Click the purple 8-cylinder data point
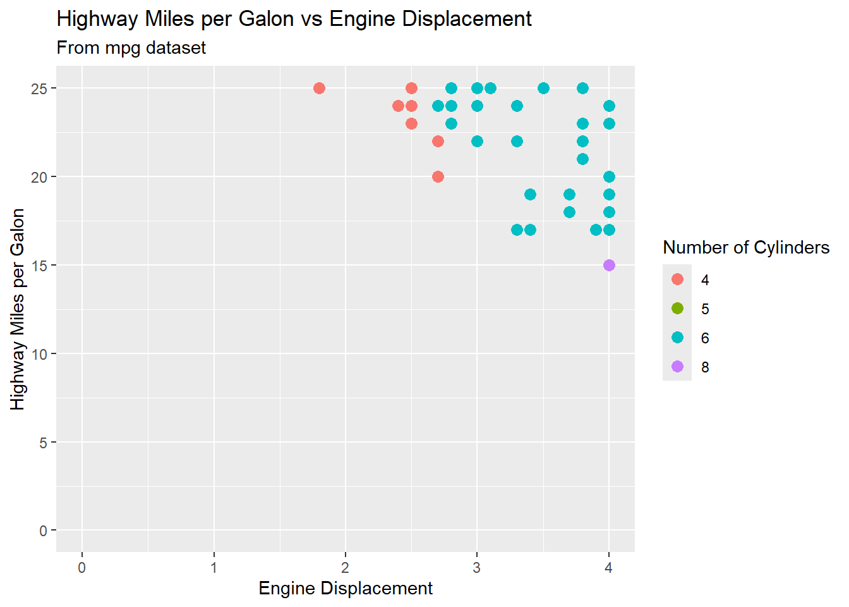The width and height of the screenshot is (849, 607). pos(609,265)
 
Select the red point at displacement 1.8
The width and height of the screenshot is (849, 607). pos(319,88)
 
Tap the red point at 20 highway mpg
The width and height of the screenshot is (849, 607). pos(438,176)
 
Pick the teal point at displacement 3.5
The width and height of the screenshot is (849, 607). pos(543,88)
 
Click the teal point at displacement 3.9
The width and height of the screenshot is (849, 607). pos(596,230)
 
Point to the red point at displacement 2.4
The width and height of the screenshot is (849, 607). pos(398,106)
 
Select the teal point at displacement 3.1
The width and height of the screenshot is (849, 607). pos(490,88)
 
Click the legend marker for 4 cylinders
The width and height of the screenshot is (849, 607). pos(677,279)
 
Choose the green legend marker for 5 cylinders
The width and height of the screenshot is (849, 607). pos(677,309)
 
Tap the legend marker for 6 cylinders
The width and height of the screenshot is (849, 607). pos(677,338)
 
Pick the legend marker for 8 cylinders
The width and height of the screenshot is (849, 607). pos(677,367)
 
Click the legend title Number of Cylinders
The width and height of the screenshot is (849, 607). pos(746,247)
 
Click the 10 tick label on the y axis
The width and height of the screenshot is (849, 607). pos(39,354)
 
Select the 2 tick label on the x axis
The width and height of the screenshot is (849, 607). pos(346,568)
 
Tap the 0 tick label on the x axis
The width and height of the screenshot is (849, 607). pos(82,568)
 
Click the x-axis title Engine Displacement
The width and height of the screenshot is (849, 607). pos(346,589)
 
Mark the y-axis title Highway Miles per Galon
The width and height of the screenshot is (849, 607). pos(18,309)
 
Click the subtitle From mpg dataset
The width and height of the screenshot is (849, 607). pos(131,48)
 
